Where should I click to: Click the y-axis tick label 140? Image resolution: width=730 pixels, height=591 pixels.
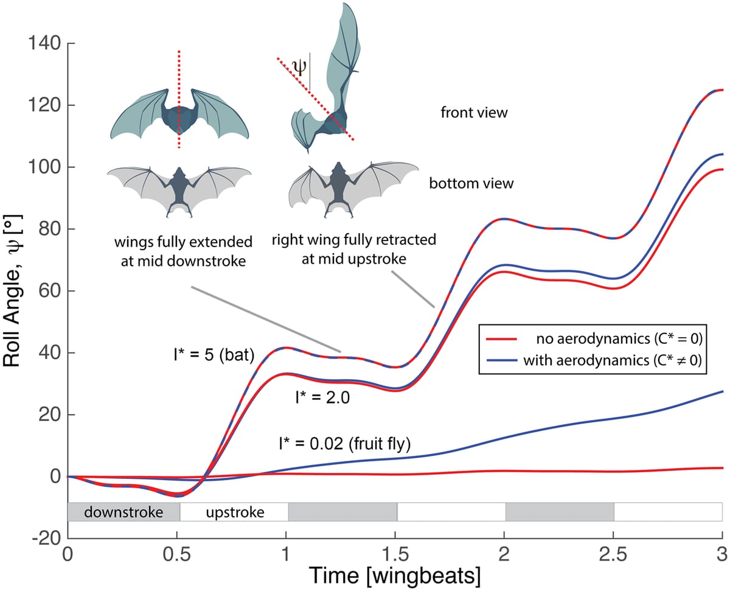(x=44, y=44)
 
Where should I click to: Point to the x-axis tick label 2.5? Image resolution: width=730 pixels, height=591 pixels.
(x=613, y=554)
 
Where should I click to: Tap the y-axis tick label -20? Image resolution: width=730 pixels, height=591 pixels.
(x=47, y=539)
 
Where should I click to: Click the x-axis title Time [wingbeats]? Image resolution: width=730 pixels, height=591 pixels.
(x=395, y=576)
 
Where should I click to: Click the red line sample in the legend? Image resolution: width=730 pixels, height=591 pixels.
(x=501, y=339)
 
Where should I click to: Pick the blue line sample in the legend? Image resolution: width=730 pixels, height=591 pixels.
(x=501, y=360)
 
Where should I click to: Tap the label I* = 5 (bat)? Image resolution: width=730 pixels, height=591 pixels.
(x=214, y=355)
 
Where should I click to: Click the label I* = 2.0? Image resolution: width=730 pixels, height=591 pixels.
(x=323, y=397)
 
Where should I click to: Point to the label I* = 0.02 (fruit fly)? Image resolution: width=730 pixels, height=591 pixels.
(x=345, y=444)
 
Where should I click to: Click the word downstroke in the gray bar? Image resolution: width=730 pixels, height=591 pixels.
(x=123, y=512)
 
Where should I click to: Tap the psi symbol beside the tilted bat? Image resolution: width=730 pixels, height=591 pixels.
(x=300, y=67)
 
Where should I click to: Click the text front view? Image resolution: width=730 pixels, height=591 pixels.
(x=474, y=113)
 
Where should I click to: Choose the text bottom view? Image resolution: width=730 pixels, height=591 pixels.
(x=471, y=183)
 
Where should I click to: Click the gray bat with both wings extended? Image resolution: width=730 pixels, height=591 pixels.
(x=179, y=191)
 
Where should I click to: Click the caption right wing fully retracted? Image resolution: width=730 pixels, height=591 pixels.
(x=354, y=240)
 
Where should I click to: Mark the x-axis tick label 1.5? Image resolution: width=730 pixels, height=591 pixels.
(x=395, y=554)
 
